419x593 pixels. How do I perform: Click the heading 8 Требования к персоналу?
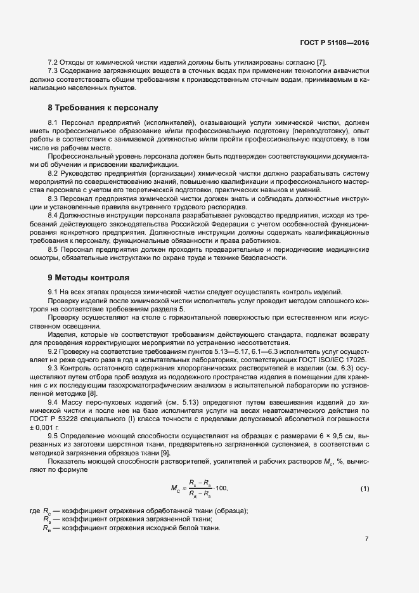103,107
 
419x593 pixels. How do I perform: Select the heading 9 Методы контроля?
89,277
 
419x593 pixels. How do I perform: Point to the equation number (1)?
364,488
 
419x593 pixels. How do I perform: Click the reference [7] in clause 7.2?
321,61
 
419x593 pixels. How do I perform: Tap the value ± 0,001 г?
52,428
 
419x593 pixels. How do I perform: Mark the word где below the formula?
35,511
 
